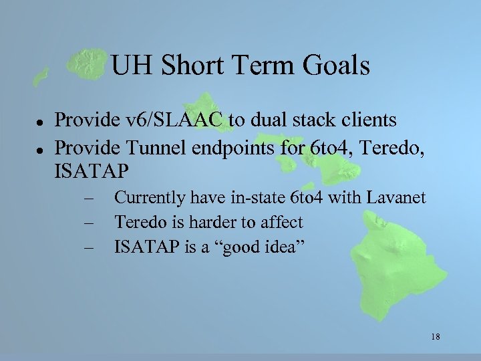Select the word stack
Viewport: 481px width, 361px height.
pyautogui.click(x=310, y=120)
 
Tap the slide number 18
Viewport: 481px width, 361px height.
pyautogui.click(x=436, y=336)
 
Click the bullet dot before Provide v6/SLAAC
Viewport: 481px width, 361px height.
pyautogui.click(x=39, y=122)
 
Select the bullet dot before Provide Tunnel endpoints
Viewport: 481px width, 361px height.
pyautogui.click(x=39, y=146)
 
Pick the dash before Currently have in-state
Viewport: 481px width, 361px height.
pyautogui.click(x=87, y=199)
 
